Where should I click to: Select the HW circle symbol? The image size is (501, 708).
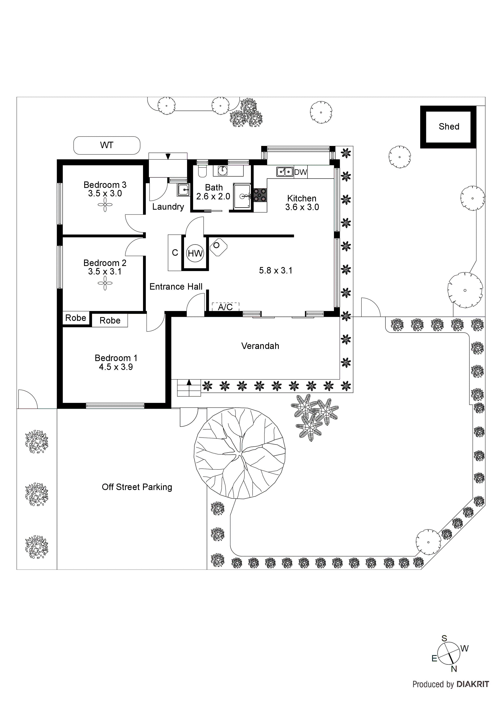195,253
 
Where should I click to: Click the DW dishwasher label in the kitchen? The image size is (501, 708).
300,172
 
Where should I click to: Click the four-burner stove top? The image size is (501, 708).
260,195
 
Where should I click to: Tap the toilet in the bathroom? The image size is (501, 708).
202,171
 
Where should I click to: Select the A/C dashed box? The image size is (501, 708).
225,307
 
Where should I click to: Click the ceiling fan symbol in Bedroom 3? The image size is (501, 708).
105,204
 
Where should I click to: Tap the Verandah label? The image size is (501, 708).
260,346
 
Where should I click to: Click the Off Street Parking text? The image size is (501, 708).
137,487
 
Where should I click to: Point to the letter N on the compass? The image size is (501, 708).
454,678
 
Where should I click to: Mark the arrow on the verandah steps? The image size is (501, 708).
189,382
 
